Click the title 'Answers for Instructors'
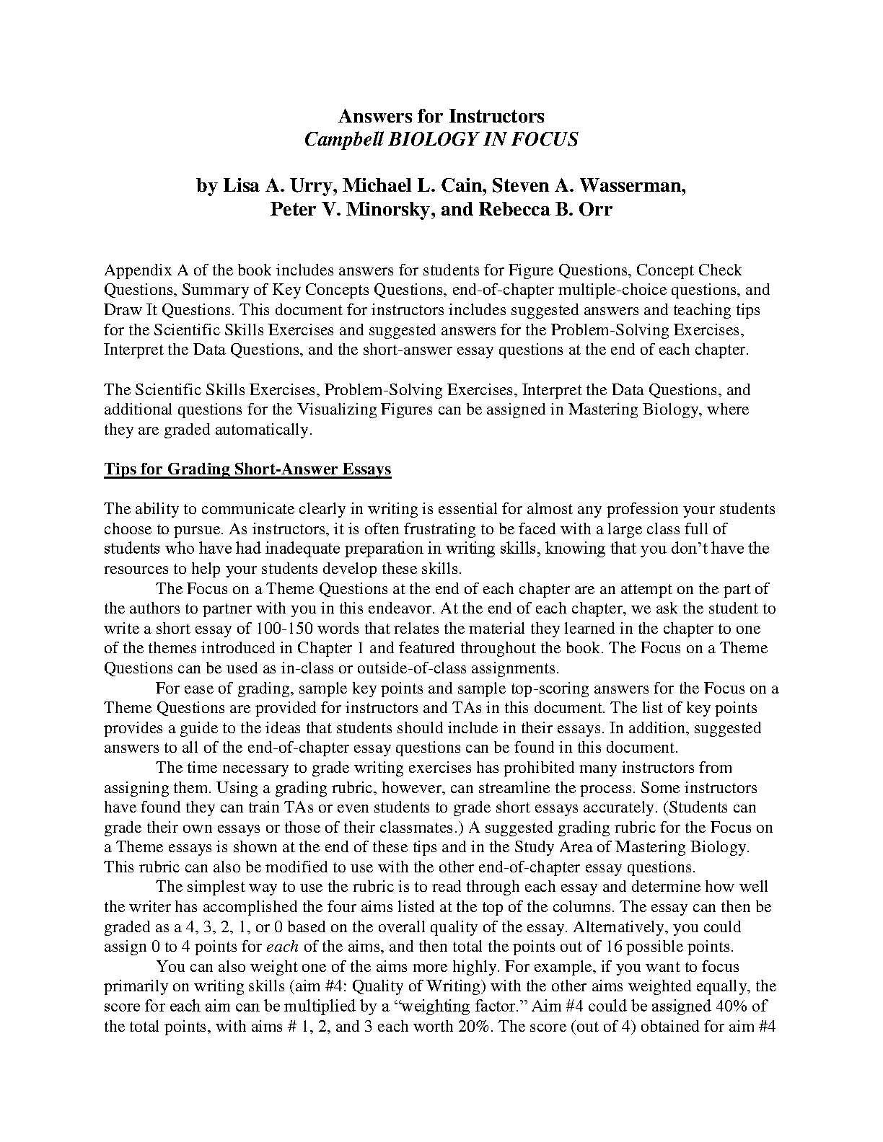[x=441, y=116]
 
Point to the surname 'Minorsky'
[x=383, y=210]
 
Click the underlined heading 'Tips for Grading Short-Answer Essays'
[x=247, y=469]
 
